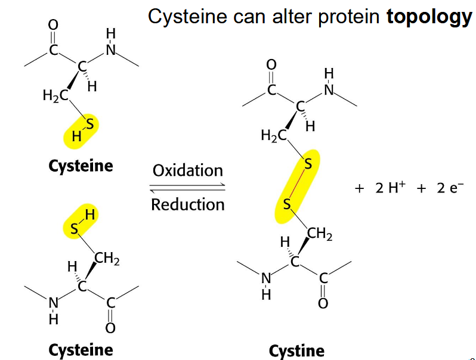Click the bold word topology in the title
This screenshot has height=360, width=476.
[429, 17]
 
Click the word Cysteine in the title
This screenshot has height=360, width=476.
[185, 17]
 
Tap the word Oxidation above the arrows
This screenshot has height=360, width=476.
[187, 170]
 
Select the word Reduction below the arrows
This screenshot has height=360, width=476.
[187, 204]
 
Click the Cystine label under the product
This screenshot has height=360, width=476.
[296, 350]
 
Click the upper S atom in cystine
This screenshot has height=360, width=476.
[308, 163]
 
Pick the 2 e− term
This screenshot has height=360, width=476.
[449, 188]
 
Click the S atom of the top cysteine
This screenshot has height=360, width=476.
[90, 124]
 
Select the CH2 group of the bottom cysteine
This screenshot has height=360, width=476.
[109, 259]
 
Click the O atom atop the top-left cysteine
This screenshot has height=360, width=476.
[53, 24]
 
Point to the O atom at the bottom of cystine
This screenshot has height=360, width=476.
[323, 303]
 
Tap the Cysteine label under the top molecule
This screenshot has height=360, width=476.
[81, 165]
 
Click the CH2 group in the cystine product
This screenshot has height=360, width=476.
[320, 234]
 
